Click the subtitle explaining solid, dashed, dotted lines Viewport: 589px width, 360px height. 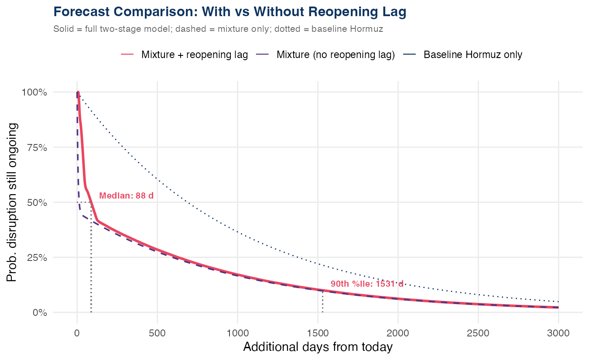(x=218, y=30)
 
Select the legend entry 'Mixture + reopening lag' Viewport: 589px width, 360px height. (x=194, y=55)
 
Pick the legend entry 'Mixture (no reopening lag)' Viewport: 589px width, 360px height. (x=336, y=55)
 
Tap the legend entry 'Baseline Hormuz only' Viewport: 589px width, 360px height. (x=473, y=55)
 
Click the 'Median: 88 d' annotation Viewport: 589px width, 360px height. (x=127, y=196)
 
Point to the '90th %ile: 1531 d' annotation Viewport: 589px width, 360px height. (x=367, y=284)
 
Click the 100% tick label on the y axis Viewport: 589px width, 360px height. (x=34, y=92)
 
